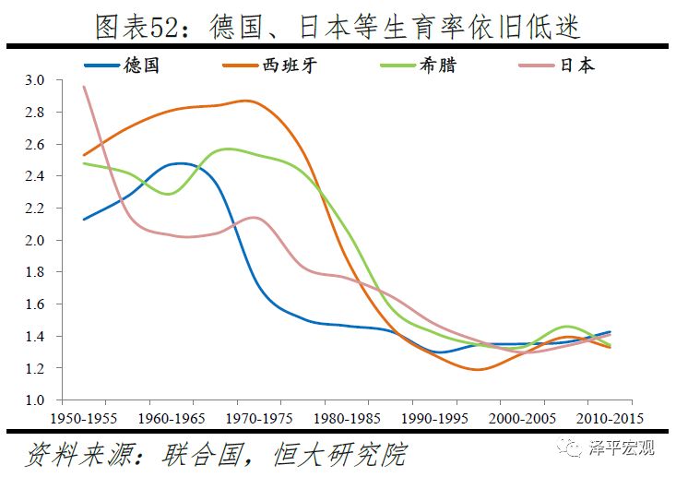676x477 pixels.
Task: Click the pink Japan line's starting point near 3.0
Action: click(84, 87)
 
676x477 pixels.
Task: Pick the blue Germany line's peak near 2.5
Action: click(182, 164)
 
